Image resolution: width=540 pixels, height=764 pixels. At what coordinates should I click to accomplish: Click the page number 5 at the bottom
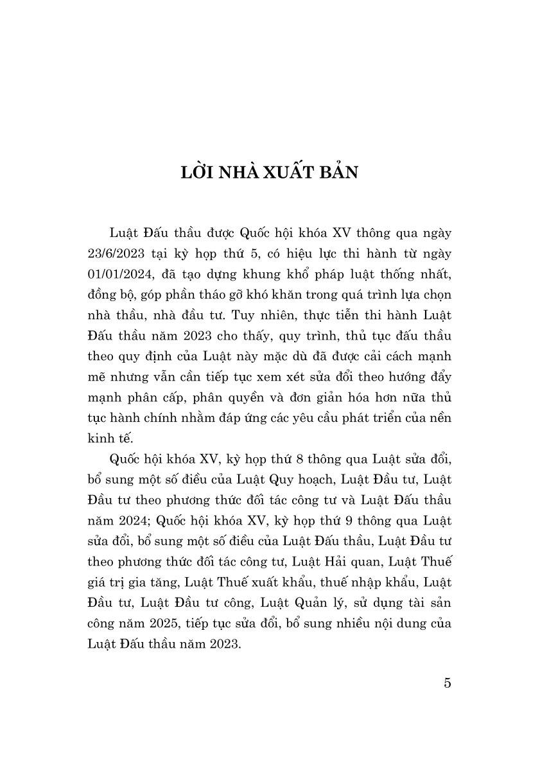pyautogui.click(x=447, y=682)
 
